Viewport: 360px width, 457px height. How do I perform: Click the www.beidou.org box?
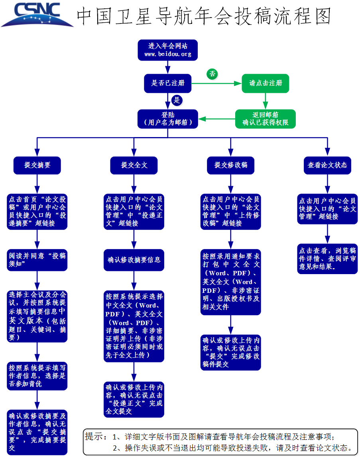click(167, 50)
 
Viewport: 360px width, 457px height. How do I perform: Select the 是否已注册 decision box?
click(167, 83)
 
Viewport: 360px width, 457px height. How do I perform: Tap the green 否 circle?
click(212, 74)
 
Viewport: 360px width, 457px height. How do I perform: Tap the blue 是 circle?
click(177, 100)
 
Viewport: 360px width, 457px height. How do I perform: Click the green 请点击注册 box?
click(266, 83)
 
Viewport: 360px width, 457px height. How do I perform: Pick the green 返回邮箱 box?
click(266, 119)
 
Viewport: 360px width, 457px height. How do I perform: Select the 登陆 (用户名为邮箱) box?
click(167, 119)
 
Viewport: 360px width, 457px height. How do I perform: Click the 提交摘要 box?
click(37, 165)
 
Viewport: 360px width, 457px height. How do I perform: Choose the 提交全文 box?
click(134, 165)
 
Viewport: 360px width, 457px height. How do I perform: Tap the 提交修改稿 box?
click(230, 165)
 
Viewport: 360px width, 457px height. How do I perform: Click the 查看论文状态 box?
click(327, 165)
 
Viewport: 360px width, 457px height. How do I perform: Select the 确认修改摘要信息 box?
click(134, 260)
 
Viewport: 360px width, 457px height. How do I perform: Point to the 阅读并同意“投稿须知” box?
click(37, 260)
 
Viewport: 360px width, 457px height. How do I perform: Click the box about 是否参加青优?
click(37, 376)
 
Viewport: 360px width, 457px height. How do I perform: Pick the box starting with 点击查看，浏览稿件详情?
click(327, 259)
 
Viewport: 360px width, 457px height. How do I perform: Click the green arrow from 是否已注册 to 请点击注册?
click(216, 84)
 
